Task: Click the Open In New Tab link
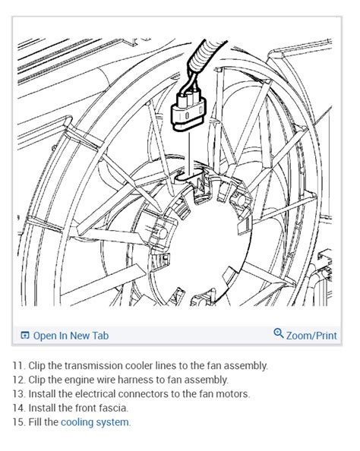[71, 336]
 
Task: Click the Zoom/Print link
[311, 336]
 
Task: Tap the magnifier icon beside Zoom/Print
[279, 334]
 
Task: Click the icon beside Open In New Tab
[25, 336]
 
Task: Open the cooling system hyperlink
[95, 422]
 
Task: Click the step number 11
[17, 365]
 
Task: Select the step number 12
[17, 380]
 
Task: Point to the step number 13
[17, 394]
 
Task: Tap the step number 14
[17, 408]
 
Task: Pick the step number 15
[17, 422]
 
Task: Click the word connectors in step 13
[150, 394]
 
